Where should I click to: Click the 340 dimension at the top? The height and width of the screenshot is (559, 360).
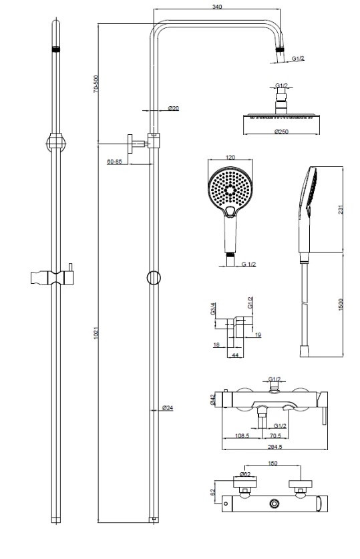(x=216, y=7)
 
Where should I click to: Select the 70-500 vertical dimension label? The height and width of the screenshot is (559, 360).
(x=95, y=84)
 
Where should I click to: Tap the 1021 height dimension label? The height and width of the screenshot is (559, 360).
(x=96, y=333)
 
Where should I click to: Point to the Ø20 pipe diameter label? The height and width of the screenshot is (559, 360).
(x=173, y=108)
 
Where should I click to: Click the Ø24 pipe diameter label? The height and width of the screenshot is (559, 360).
(x=167, y=408)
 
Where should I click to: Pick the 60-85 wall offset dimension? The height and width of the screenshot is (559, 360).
(x=114, y=162)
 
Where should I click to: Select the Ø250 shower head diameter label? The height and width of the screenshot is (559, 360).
(x=281, y=131)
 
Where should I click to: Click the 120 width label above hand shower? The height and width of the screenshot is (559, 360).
(x=230, y=157)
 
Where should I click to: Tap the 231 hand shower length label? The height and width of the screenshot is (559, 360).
(x=341, y=210)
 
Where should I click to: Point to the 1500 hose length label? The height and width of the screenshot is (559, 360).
(x=341, y=305)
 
